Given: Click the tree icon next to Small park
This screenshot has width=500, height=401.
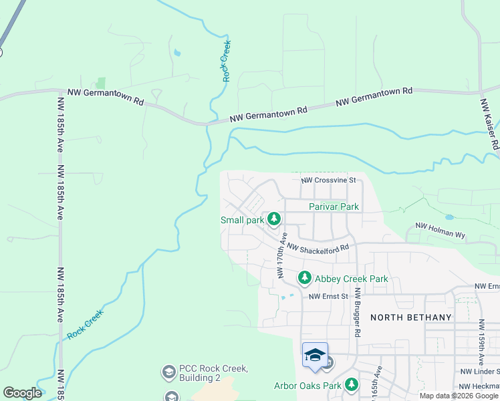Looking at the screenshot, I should tap(273, 219).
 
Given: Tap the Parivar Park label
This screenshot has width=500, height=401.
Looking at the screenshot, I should tap(334, 207).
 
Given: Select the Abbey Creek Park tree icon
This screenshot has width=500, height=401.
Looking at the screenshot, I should tap(304, 277).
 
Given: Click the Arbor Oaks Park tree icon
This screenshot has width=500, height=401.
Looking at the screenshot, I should tap(351, 385).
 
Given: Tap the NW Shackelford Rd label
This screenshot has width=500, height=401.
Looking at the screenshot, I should tap(318, 247).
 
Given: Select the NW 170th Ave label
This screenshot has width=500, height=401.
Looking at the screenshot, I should tap(281, 255).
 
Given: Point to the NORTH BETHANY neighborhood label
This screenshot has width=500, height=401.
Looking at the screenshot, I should tap(410, 317).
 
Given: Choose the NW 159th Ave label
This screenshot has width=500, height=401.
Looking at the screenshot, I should tap(481, 342).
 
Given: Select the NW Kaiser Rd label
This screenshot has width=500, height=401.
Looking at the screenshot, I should tap(489, 124).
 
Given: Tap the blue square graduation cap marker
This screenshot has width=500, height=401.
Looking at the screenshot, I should tap(315, 355).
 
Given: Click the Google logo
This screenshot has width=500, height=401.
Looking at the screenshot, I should tap(22, 393).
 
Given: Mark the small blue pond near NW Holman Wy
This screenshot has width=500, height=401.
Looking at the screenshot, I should tap(449, 217).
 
